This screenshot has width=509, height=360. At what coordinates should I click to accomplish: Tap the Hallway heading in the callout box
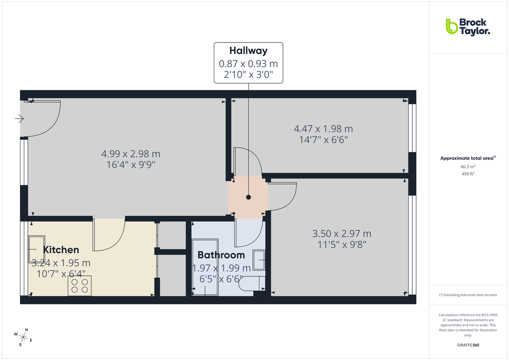pos(248,51)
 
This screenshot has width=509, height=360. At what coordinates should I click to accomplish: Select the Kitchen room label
pos(61,250)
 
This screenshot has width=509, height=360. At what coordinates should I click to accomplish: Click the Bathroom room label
pos(221,255)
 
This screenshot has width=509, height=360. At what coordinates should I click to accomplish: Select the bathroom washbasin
pos(259,259)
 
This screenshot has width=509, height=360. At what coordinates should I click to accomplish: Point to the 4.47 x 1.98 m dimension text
pos(323,128)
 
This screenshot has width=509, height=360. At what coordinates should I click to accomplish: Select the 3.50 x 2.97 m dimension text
pos(341,234)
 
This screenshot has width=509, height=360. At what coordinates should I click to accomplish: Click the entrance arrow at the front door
pos(19,119)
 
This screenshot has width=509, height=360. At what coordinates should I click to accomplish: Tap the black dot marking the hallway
pos(249,197)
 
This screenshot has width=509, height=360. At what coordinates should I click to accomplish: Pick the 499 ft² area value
pos(468,174)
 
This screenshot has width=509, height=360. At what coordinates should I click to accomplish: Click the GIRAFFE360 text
pos(468,345)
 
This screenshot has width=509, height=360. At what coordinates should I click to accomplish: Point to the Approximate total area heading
pos(467,158)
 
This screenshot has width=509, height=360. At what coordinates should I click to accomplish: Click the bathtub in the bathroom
pos(205,267)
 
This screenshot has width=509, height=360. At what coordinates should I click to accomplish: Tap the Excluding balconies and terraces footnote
pos(468,295)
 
